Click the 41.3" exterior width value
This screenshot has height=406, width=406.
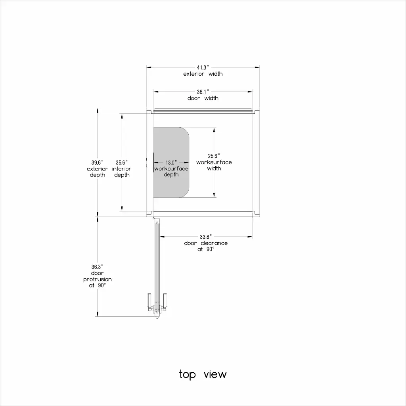coord(203,67)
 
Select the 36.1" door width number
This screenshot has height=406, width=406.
coord(203,92)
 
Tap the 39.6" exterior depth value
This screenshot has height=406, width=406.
coord(98,163)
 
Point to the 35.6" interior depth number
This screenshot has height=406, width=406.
coord(122,163)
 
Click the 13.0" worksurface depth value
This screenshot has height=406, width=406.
coord(171,163)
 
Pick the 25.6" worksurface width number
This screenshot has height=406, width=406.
coord(214,156)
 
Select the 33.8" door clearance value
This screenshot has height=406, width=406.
coord(206,237)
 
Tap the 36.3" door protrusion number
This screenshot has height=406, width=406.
coord(98,267)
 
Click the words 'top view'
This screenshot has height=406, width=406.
coord(203,374)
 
